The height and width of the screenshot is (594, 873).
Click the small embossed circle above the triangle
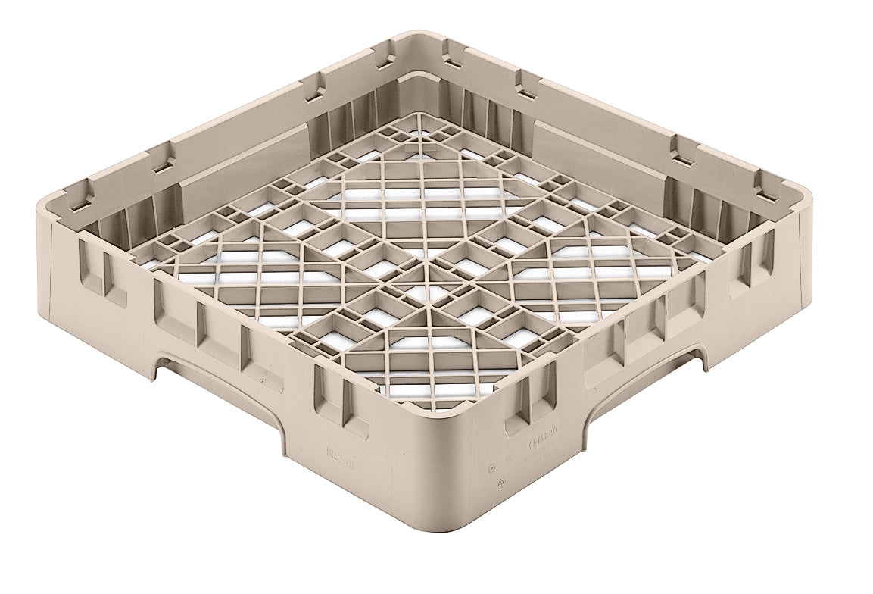point(494,464)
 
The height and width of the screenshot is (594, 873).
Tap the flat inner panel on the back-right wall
point(598,152)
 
